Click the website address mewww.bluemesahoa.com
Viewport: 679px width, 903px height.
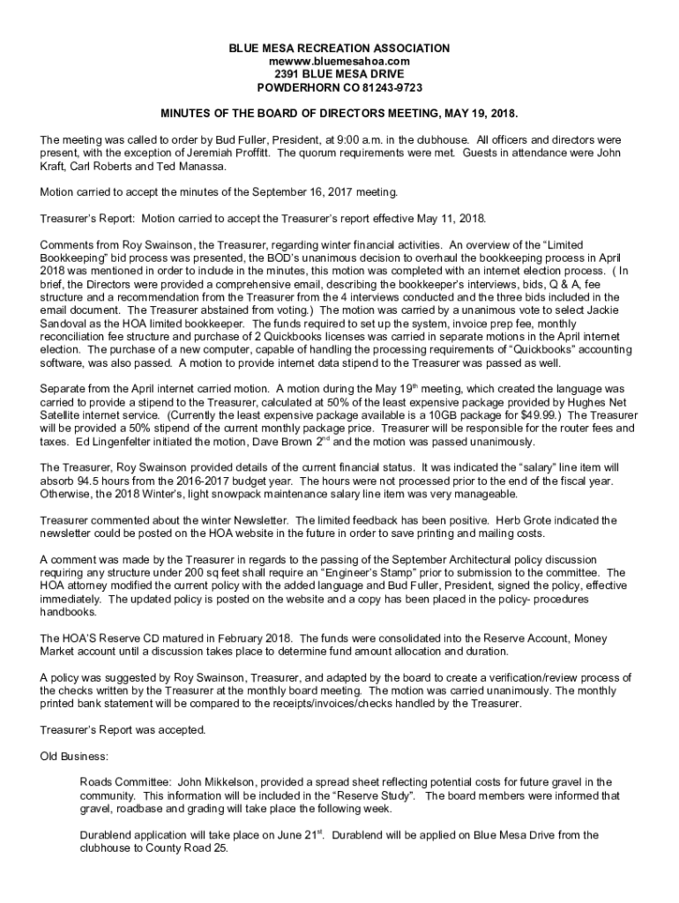click(339, 61)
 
